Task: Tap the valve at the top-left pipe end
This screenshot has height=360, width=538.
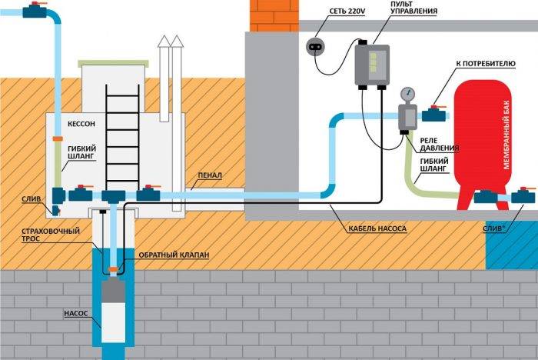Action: pos(35,11)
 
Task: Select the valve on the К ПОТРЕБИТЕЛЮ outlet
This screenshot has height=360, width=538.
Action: pos(437,116)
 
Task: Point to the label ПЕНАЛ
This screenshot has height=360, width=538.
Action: pos(209,175)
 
